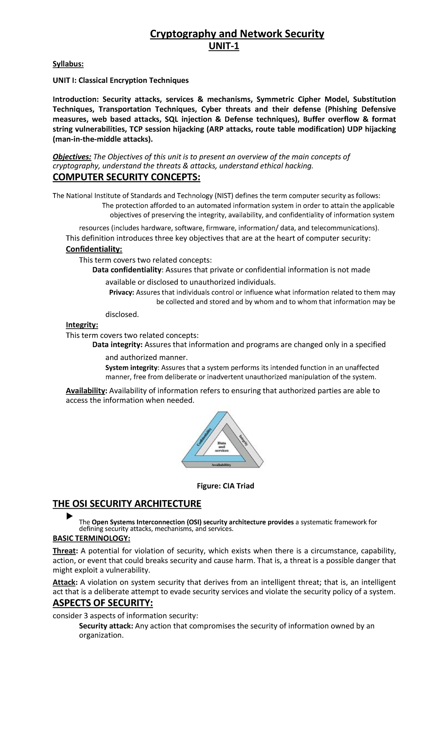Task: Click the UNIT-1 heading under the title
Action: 223,46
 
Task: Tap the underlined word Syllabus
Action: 68,64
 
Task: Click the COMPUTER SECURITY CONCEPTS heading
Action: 126,177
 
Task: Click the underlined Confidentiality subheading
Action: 94,249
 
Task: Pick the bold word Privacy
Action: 121,292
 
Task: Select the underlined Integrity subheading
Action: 82,325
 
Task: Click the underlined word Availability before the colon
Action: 86,391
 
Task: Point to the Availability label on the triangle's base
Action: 221,465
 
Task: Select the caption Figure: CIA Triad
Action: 225,486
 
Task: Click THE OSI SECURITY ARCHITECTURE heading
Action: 127,504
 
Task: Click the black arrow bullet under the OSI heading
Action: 69,517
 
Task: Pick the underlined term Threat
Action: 64,551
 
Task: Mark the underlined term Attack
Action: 64,582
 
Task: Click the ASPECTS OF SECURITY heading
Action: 103,603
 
